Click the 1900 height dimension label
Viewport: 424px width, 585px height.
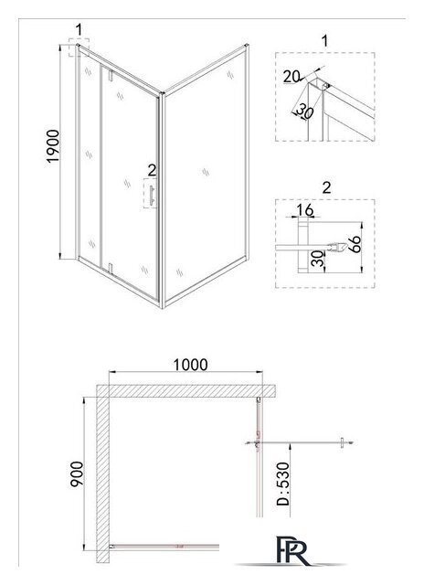(x=53, y=146)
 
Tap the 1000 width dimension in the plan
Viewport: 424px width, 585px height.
(x=190, y=365)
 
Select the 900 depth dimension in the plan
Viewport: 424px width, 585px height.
(x=77, y=473)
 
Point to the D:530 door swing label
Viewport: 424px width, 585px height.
(x=283, y=484)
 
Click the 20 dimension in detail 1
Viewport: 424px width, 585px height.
(x=291, y=77)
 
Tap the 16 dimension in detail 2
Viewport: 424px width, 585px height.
(x=305, y=210)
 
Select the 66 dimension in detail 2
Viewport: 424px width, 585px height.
(x=356, y=244)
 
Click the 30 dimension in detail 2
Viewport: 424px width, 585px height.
(x=317, y=259)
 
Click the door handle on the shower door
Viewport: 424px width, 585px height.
(x=152, y=195)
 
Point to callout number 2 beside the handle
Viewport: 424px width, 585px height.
(x=152, y=170)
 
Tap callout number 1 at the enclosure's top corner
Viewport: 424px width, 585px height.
(x=79, y=30)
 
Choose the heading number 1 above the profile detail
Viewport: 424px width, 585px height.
(x=324, y=41)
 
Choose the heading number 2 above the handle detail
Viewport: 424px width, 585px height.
(x=326, y=187)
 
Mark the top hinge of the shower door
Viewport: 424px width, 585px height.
(x=110, y=75)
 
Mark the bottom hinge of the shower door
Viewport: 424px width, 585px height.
(x=110, y=268)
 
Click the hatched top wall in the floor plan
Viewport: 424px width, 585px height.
(x=186, y=391)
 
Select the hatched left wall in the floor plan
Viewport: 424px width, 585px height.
(x=103, y=473)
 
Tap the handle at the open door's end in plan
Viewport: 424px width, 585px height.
(x=342, y=442)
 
